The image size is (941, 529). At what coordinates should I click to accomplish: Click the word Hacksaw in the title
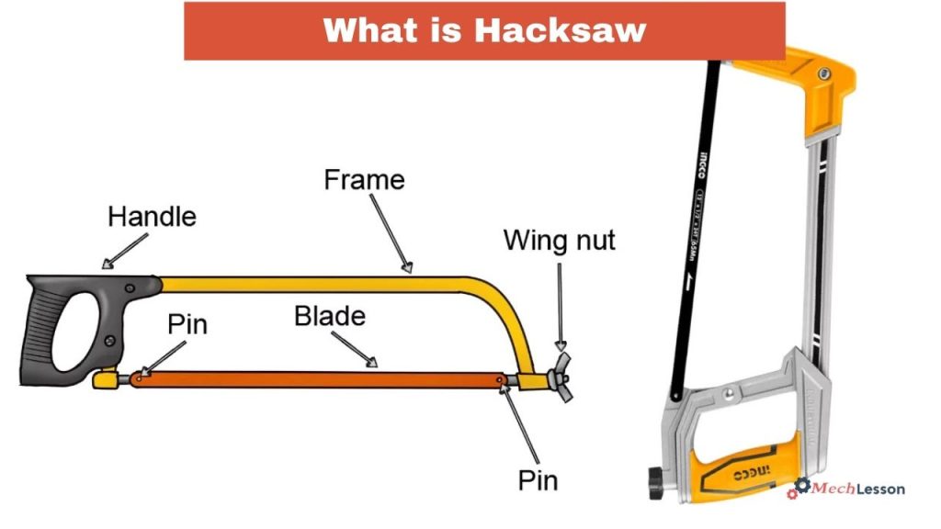point(560,30)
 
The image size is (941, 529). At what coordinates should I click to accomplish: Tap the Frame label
point(364,179)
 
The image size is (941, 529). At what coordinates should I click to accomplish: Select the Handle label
point(152,218)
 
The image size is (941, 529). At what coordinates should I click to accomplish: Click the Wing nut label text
point(559,242)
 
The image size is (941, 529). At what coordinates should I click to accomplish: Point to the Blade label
point(329,317)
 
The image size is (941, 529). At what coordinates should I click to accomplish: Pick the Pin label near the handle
point(187,324)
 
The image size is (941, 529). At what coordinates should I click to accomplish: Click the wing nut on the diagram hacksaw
point(559,375)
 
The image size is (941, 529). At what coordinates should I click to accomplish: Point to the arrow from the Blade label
point(354,349)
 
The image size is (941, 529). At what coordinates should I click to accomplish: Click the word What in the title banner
point(364,30)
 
